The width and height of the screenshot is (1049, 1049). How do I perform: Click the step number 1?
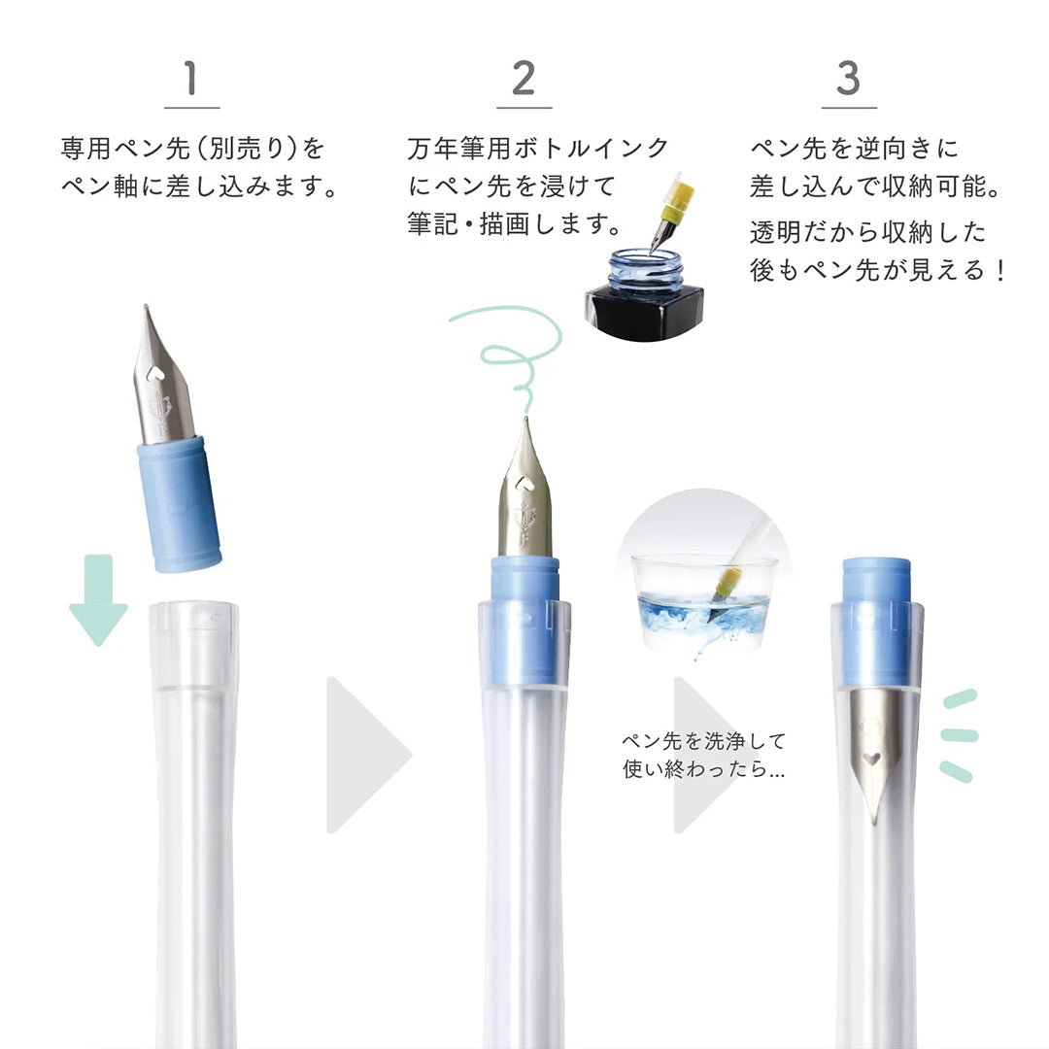(191, 79)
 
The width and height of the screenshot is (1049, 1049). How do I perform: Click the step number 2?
(524, 79)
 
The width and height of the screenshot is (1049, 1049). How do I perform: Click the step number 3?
(848, 79)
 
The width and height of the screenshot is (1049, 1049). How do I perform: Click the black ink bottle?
(644, 295)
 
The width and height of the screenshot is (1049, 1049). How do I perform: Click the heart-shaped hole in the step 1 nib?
(154, 373)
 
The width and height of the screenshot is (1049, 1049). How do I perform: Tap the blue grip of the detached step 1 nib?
(179, 504)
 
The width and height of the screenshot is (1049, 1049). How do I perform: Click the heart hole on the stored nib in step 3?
(870, 759)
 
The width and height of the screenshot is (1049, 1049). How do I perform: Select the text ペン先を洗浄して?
(703, 740)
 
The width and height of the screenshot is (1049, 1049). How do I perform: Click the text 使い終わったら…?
(703, 768)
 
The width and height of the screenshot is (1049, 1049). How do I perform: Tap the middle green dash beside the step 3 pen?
(960, 735)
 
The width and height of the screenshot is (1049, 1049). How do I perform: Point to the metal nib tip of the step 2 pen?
(525, 419)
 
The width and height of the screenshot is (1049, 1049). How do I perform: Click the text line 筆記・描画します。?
(515, 224)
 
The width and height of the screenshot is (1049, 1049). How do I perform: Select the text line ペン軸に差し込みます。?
(200, 186)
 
